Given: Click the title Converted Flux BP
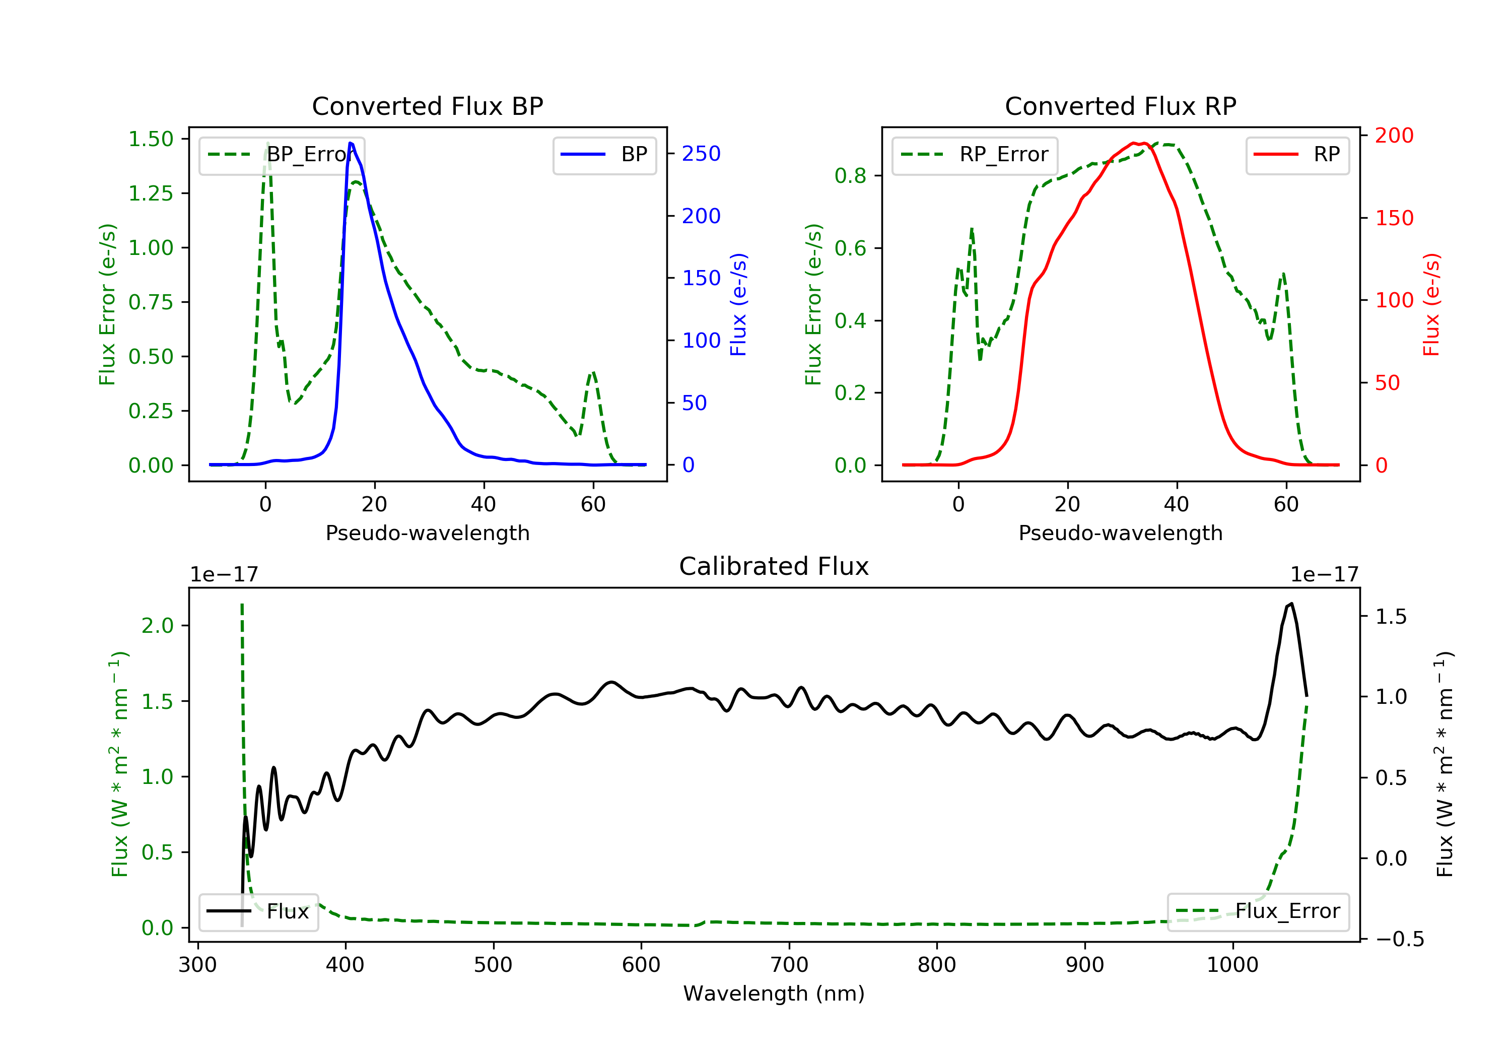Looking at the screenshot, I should (x=427, y=106).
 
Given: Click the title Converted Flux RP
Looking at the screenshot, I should (x=1120, y=106).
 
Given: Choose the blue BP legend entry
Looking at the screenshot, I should (x=604, y=155).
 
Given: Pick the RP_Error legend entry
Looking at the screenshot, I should (x=975, y=155).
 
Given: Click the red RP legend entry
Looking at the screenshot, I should (x=1297, y=155).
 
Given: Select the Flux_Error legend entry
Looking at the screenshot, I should (x=1258, y=911).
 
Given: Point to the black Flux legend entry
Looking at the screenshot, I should (x=259, y=911).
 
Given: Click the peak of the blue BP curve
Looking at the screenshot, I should (x=351, y=143).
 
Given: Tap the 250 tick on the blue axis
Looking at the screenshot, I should (x=701, y=153).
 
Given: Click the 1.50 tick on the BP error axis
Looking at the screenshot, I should (x=151, y=139).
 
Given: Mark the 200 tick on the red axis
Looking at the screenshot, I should (x=1394, y=136).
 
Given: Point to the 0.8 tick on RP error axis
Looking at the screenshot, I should (x=850, y=176).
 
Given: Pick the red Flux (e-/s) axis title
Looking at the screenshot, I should (x=1431, y=304).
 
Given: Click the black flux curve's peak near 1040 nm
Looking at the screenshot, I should (x=1292, y=603).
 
